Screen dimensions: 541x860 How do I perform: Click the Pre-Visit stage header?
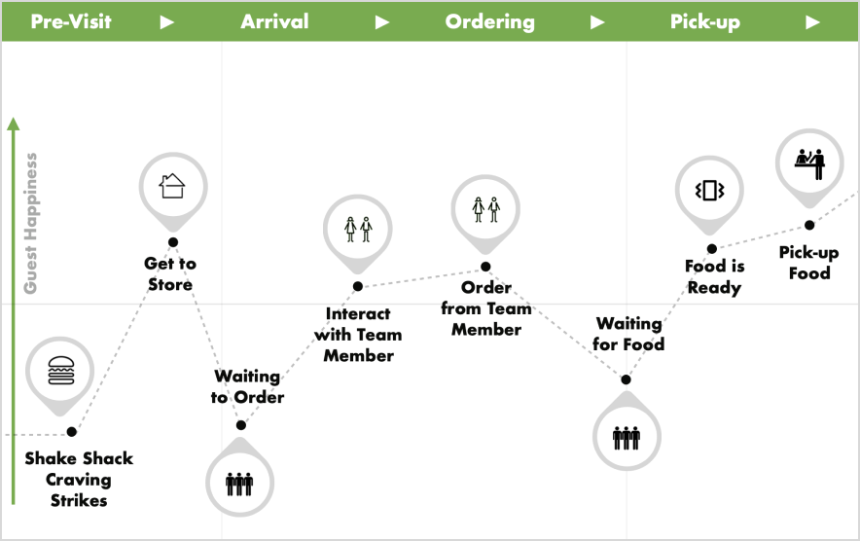(x=71, y=21)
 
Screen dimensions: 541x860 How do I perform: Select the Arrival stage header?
(x=274, y=21)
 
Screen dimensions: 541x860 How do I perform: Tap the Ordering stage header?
(x=489, y=21)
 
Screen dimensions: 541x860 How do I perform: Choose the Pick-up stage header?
(x=705, y=21)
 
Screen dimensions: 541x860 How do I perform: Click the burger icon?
(x=61, y=370)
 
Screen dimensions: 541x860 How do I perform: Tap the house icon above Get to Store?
(x=172, y=185)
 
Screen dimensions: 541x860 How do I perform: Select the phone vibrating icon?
(x=710, y=190)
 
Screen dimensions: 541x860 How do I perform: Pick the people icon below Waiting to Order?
(x=240, y=482)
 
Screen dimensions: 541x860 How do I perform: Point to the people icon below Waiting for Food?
(x=627, y=436)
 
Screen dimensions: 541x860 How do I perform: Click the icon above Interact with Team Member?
(x=358, y=229)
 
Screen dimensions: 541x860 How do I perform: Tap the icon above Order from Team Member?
(x=485, y=208)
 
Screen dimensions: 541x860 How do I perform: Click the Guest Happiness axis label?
(x=31, y=223)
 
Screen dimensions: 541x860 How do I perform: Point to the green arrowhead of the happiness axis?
(x=13, y=125)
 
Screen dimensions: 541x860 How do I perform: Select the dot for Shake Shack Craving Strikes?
(x=71, y=431)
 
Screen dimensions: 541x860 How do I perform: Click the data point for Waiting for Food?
(x=626, y=379)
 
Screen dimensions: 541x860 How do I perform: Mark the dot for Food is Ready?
(x=711, y=249)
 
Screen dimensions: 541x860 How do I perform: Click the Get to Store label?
(x=170, y=273)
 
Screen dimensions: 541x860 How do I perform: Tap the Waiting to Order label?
(x=248, y=386)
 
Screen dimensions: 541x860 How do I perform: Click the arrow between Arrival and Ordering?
(x=382, y=21)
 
